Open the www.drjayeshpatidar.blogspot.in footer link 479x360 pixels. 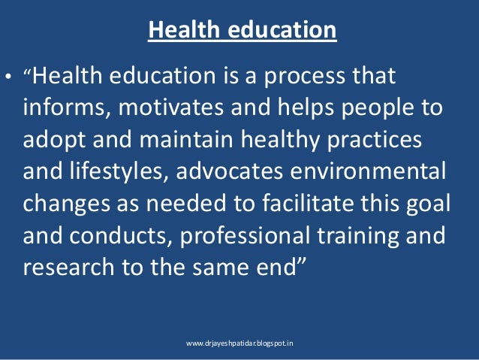pos(239,343)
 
